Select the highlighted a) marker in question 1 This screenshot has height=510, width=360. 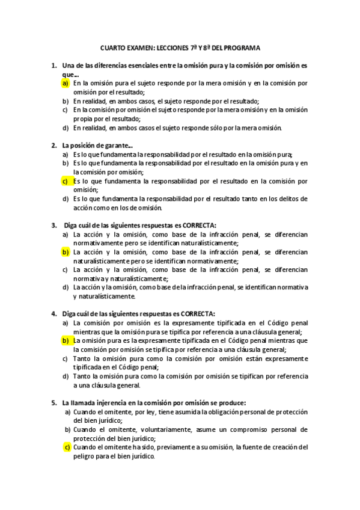tap(65, 83)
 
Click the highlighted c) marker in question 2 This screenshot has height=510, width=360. tap(65, 180)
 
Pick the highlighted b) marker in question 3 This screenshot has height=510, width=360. tap(65, 252)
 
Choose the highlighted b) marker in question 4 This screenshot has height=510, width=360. tap(65, 340)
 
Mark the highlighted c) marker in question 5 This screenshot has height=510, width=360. tap(68, 447)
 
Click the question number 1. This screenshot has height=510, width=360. tap(54, 65)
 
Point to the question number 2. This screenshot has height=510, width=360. tap(54, 145)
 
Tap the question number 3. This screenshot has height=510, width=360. tap(54, 225)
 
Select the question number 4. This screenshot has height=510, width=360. tap(54, 313)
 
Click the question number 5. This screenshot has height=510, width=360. tap(54, 402)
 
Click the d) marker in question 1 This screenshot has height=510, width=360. tap(65, 127)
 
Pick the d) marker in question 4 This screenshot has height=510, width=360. tap(65, 376)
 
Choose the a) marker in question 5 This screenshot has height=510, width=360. tap(68, 411)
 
